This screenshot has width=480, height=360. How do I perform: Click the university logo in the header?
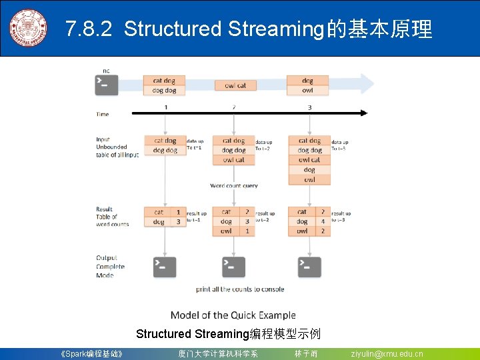[28, 28]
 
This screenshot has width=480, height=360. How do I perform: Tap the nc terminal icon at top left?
[106, 84]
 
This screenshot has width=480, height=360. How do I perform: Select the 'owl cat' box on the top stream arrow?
[235, 85]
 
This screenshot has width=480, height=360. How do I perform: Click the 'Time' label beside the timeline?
[103, 114]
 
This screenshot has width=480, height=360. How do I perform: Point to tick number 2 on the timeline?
[234, 107]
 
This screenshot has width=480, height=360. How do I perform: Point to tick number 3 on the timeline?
[309, 107]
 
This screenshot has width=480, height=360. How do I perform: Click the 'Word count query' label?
[233, 185]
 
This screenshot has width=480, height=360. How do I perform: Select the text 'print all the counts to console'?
[240, 289]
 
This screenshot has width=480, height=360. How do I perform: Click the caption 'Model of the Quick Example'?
[233, 315]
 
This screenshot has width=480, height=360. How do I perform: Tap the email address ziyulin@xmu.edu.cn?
[387, 354]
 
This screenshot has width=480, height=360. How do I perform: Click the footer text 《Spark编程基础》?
[91, 354]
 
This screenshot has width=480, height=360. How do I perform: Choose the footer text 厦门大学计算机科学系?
[217, 354]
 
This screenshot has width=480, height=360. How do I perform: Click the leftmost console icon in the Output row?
[165, 267]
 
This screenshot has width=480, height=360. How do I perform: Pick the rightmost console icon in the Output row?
[309, 267]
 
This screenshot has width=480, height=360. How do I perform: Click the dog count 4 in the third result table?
[322, 221]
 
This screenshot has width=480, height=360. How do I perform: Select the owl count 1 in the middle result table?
[247, 231]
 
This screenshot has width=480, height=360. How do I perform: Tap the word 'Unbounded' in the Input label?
[111, 147]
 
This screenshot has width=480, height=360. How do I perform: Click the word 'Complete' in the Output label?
[110, 267]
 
